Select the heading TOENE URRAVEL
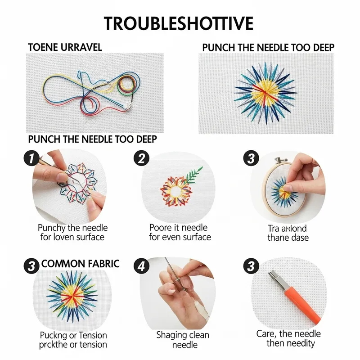[x=65, y=47]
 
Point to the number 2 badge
[x=141, y=158]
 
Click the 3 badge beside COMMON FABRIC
[x=30, y=265]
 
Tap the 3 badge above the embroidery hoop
[x=251, y=158]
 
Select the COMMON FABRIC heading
[x=81, y=264]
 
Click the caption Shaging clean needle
[x=180, y=340]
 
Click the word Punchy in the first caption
[x=53, y=228]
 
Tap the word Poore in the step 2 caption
[x=161, y=228]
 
